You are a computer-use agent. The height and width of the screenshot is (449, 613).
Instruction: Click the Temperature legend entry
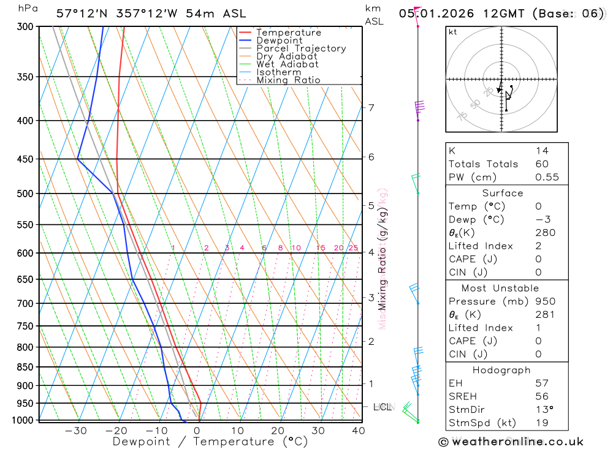[288, 32]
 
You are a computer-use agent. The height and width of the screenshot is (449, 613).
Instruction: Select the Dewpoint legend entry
[279, 40]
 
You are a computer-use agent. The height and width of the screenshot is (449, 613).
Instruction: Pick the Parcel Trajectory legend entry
[301, 48]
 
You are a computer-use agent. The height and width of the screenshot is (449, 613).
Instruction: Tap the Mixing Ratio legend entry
[288, 80]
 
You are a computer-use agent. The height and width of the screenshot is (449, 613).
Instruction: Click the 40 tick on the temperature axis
[358, 431]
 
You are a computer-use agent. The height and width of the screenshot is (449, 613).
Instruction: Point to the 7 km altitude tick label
[371, 108]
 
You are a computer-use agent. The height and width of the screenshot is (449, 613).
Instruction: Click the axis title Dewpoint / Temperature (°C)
[210, 442]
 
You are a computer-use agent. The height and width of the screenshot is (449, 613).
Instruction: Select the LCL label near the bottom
[383, 407]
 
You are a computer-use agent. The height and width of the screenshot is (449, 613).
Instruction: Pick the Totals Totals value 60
[542, 164]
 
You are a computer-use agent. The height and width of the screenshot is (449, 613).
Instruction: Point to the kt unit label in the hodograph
[453, 32]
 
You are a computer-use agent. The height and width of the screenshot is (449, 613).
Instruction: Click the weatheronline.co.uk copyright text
[511, 442]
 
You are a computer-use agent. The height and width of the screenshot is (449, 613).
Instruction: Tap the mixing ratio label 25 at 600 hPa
[353, 248]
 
